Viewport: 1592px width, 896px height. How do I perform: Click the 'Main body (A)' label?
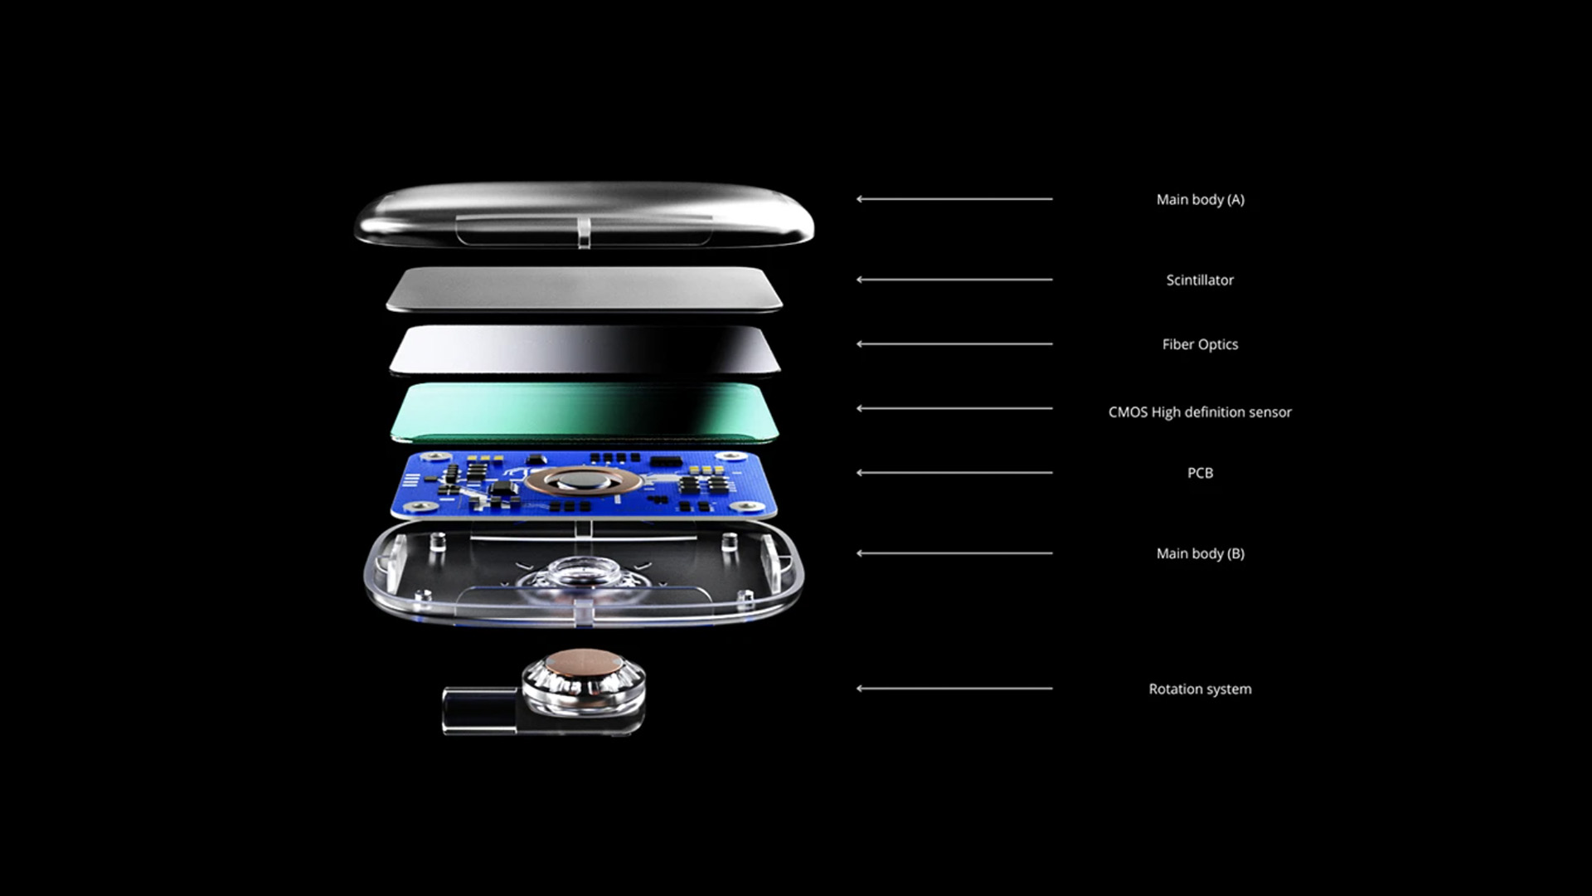pos(1200,200)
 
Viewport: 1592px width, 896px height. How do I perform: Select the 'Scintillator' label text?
pos(1200,280)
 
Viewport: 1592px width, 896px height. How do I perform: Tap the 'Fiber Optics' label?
pos(1200,344)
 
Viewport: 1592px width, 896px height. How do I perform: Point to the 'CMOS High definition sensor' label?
pos(1200,412)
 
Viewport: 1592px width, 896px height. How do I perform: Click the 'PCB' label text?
pos(1200,473)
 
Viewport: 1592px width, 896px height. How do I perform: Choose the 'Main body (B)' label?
pos(1200,553)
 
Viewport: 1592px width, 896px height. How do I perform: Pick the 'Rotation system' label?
pos(1200,689)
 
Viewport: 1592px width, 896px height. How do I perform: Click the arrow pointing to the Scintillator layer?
pos(954,280)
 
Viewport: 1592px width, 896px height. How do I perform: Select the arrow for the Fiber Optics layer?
pos(954,344)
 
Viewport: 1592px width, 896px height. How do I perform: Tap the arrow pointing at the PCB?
pos(954,473)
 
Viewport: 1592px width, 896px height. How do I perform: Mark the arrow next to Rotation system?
pos(954,689)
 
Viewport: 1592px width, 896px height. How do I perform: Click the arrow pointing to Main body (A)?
pos(954,199)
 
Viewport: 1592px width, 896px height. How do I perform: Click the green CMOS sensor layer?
pos(585,411)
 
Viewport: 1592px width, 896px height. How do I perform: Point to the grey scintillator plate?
pos(585,288)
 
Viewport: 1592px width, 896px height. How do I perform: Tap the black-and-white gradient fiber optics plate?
pos(585,348)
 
